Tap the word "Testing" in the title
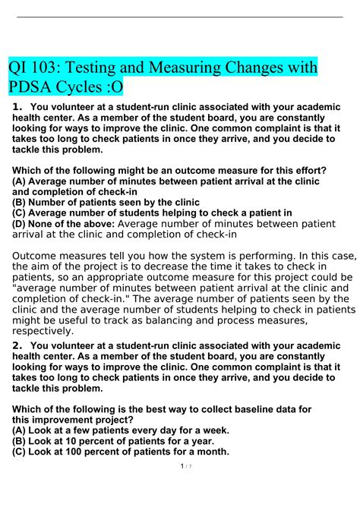click(x=97, y=69)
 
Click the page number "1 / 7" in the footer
click(x=179, y=487)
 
